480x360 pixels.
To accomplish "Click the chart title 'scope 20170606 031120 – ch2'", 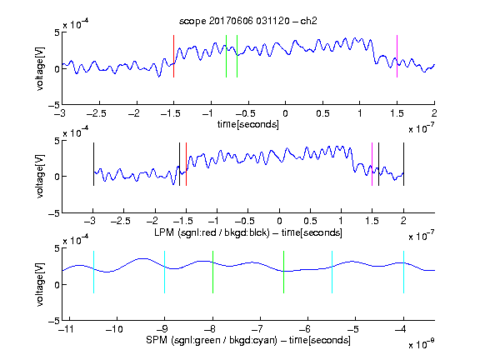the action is tap(247, 21).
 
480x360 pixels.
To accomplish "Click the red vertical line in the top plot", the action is tap(174, 57).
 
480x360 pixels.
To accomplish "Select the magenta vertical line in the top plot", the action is tap(397, 57).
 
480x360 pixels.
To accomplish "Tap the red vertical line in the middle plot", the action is tap(186, 164).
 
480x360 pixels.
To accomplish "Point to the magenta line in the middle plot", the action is tap(372, 164).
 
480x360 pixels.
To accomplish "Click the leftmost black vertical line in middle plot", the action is tap(93, 164).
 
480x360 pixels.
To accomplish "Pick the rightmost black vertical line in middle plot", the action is tap(403, 164).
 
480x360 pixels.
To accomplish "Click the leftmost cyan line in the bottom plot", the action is tap(93, 272).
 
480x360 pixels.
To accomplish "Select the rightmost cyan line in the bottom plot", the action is tap(403, 272).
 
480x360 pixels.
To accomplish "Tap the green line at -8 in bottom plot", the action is tap(212, 272).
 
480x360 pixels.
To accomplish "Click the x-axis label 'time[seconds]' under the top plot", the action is tap(248, 124).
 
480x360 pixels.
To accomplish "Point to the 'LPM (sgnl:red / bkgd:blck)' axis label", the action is tap(212, 232).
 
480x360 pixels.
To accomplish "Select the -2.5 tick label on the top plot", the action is tap(97, 113).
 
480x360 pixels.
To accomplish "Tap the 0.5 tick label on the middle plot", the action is tap(310, 221).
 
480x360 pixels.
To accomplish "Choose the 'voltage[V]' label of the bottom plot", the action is tap(40, 284).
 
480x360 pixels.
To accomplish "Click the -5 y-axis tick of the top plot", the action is tap(54, 105).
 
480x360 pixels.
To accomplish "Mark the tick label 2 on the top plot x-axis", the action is tap(434, 113).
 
